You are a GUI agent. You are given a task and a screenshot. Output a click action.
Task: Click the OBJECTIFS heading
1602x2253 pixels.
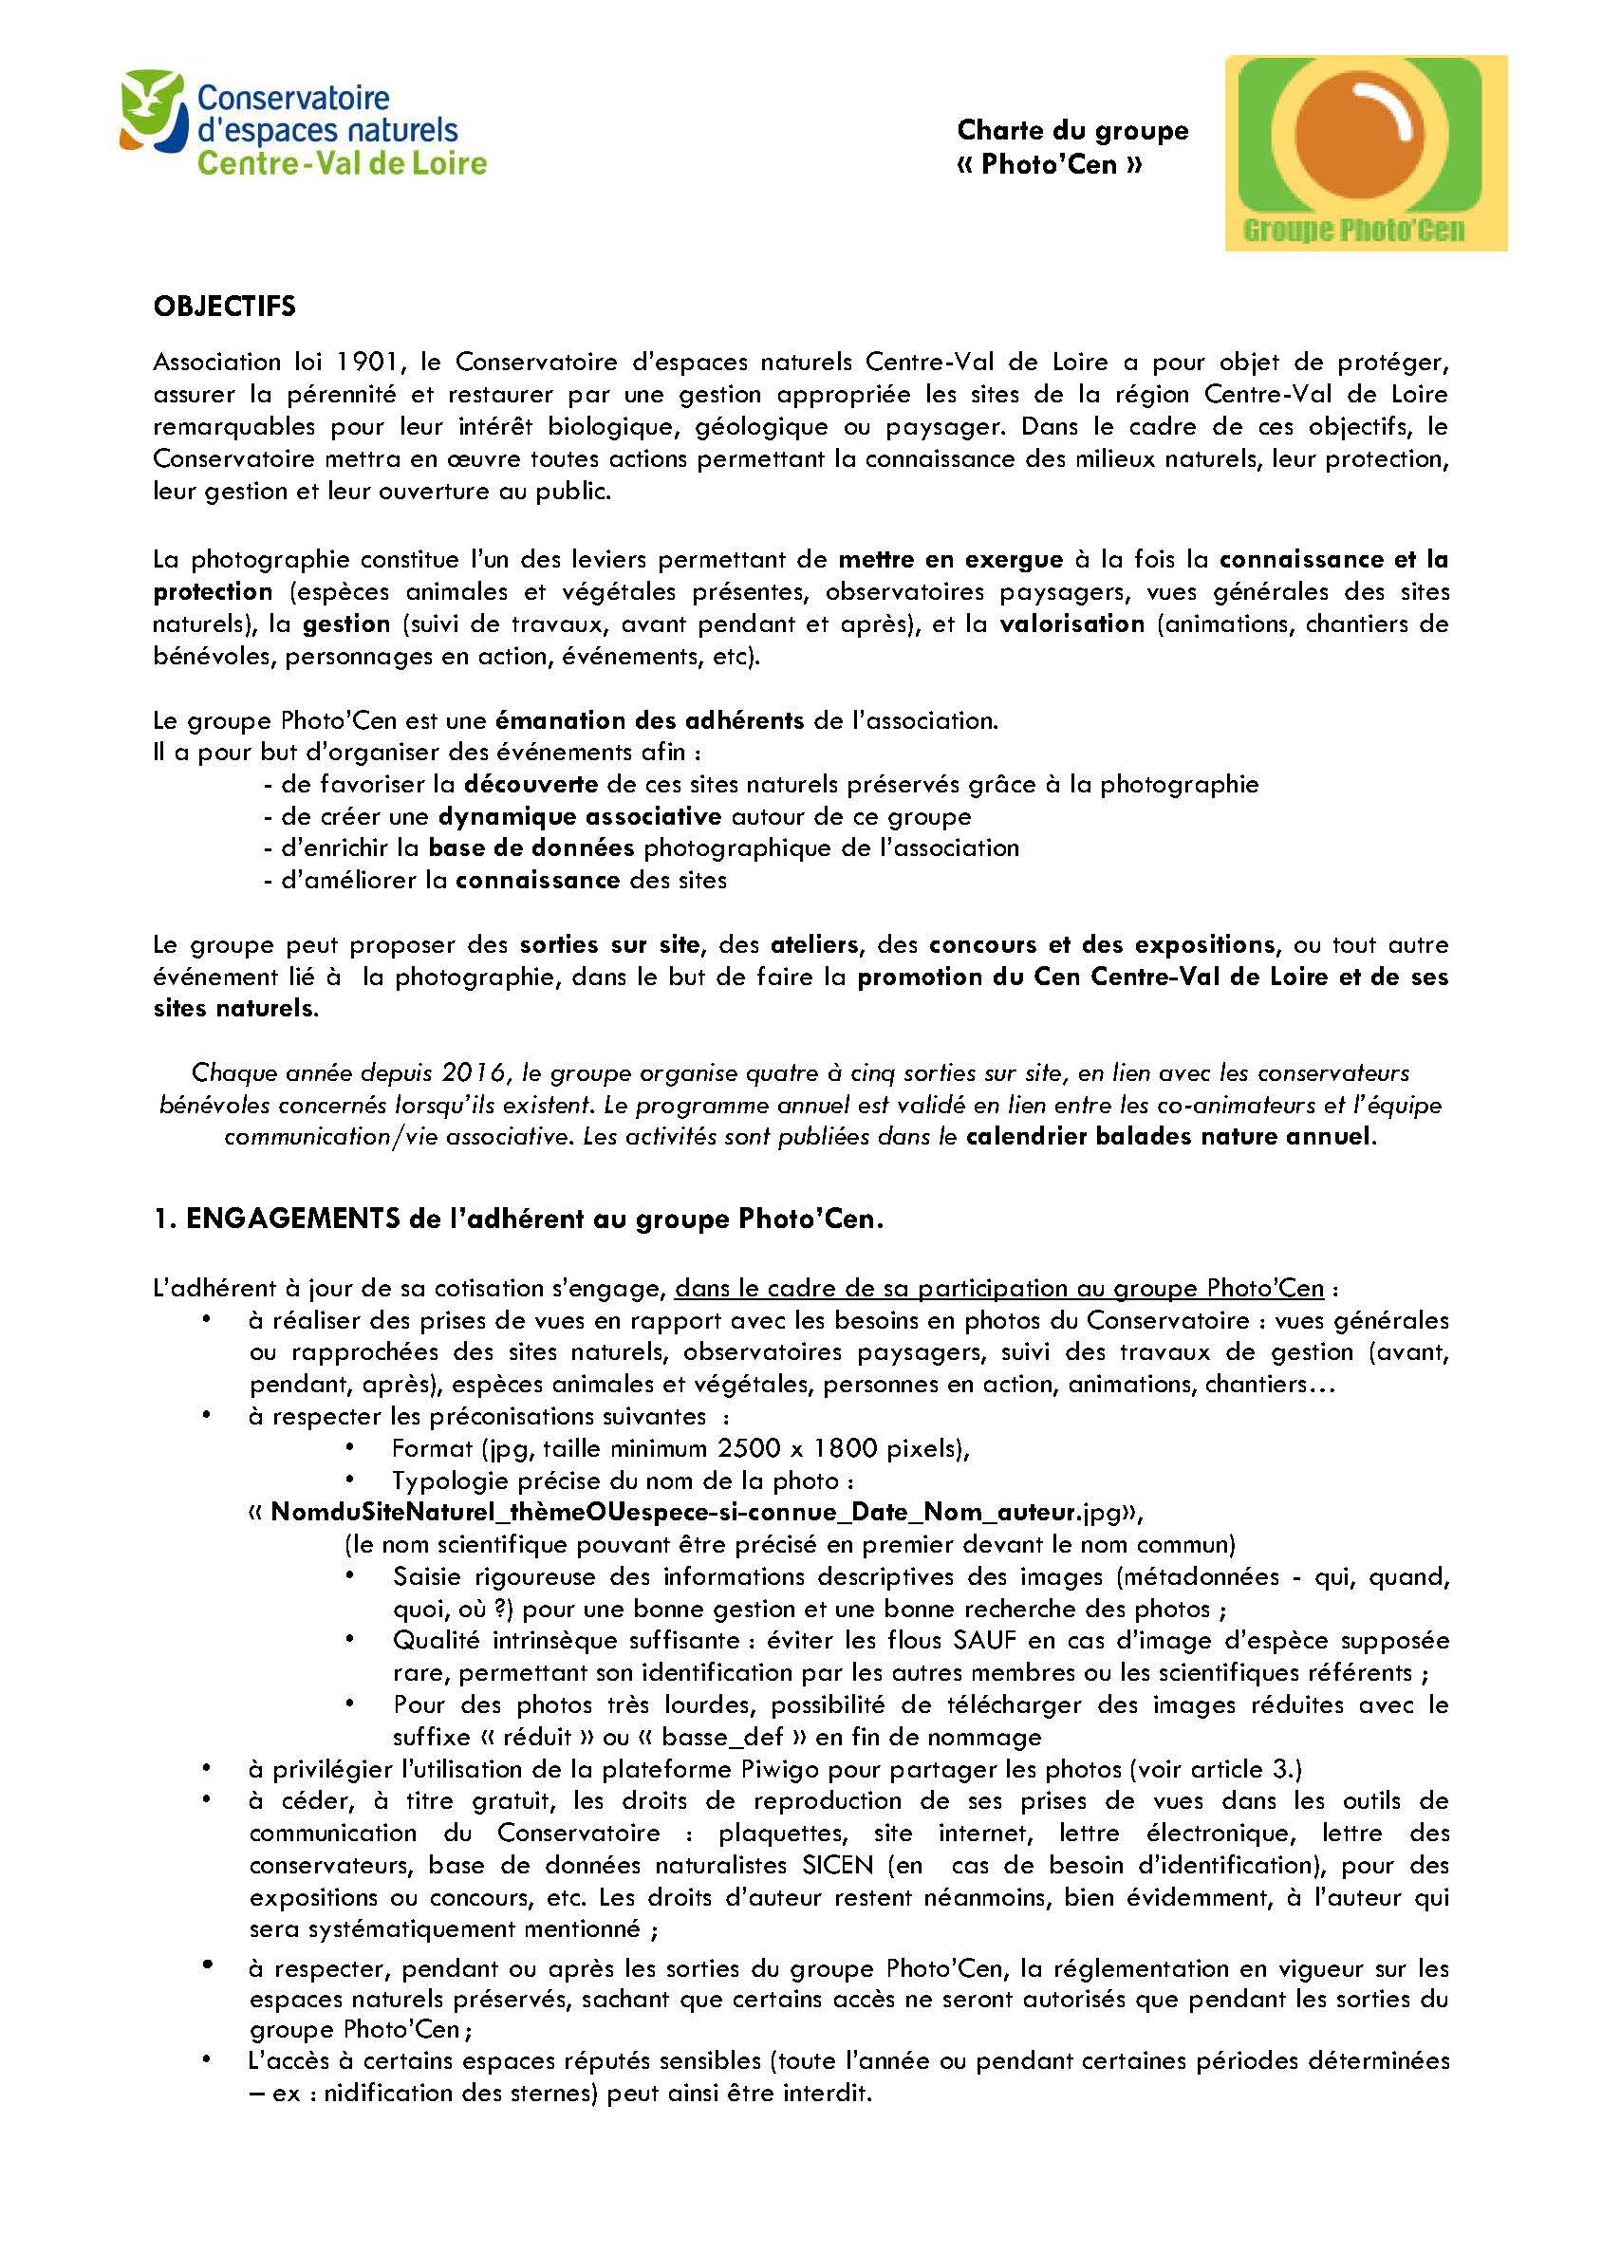(224, 307)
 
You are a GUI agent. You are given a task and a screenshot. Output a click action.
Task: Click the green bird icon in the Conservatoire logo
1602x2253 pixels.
(153, 108)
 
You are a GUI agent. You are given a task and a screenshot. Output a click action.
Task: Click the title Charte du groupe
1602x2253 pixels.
(1072, 130)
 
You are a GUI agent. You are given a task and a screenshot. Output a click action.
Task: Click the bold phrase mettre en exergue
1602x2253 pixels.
(950, 560)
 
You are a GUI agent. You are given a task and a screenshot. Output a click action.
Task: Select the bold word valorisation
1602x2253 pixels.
(1071, 624)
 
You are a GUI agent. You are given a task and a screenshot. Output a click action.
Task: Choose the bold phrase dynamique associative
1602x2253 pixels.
(580, 817)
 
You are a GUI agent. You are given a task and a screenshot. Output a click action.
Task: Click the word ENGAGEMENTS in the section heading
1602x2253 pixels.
(292, 1220)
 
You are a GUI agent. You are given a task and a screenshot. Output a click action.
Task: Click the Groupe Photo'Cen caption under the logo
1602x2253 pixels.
(1353, 231)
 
